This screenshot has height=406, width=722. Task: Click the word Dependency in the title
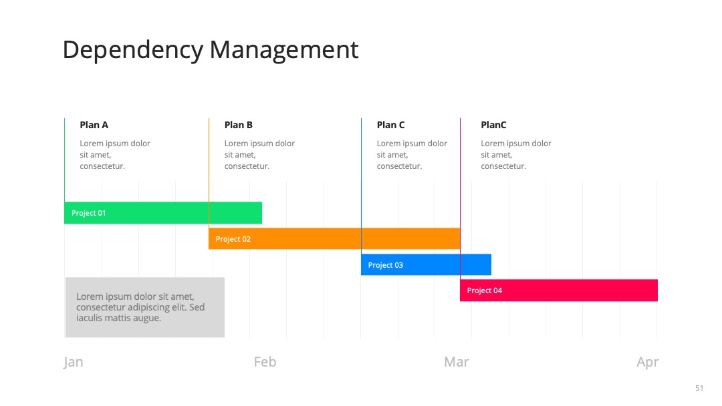tap(132, 50)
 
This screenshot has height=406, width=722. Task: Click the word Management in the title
tap(283, 49)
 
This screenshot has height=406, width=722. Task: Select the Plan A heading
tap(94, 125)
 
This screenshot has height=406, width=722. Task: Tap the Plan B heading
tap(239, 125)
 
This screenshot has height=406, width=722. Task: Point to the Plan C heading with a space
tap(390, 125)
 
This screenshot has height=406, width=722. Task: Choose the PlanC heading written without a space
tap(493, 125)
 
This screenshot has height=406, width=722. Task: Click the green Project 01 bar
tap(163, 213)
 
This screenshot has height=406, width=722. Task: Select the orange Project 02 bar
tap(334, 238)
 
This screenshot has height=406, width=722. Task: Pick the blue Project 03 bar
tap(426, 265)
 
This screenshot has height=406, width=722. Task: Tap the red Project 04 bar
tap(558, 290)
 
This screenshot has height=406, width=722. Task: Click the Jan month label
tap(74, 362)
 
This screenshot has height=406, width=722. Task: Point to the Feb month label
tap(265, 362)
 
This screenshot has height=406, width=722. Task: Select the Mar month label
tap(457, 362)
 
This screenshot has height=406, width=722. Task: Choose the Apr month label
tap(647, 363)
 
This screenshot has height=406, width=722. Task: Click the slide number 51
tap(699, 388)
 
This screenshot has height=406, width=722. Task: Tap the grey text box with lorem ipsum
tap(145, 307)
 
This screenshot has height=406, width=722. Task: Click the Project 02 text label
tap(233, 239)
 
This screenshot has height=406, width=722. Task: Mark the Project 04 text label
tap(485, 290)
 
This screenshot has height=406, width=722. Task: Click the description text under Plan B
tap(259, 154)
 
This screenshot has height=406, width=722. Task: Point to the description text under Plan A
tap(115, 154)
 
